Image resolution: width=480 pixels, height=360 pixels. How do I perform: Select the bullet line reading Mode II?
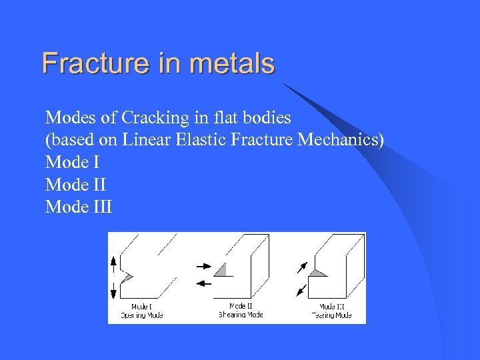[x=75, y=184]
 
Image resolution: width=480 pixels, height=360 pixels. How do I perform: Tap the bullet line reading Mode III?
[x=79, y=207]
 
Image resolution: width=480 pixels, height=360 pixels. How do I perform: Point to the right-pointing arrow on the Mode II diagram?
[x=203, y=266]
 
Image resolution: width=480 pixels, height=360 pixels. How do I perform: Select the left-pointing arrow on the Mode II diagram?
[x=203, y=283]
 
